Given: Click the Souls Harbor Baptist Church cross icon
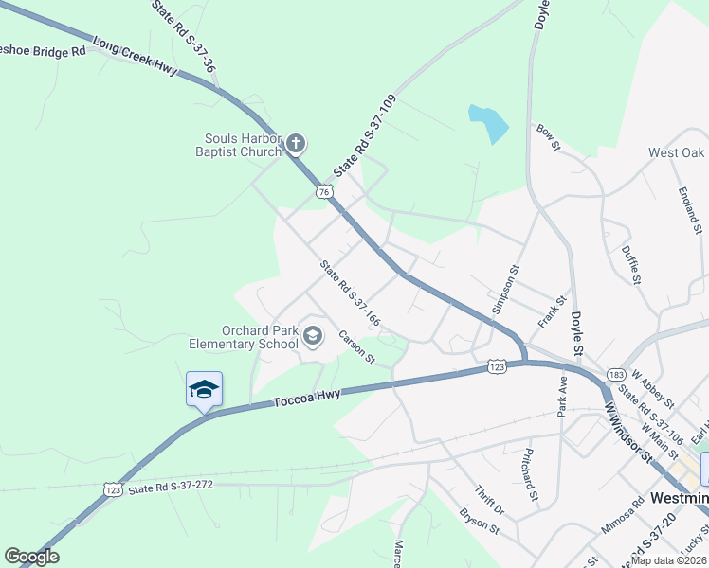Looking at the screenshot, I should click(x=296, y=144).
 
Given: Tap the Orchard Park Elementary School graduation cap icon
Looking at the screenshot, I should click(x=314, y=336).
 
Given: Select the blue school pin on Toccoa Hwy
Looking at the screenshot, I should click(x=204, y=389).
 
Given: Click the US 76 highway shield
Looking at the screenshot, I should click(x=325, y=192).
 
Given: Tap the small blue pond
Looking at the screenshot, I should click(x=488, y=123).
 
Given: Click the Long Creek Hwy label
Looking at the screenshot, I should click(x=136, y=58).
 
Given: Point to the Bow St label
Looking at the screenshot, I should click(x=549, y=136).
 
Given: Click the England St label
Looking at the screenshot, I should click(x=689, y=209).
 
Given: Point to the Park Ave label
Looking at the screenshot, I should click(x=561, y=397).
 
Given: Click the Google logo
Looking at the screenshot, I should click(x=31, y=557).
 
